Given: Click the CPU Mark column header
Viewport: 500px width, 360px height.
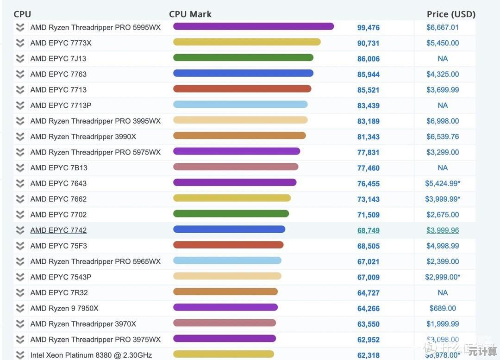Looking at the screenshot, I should click(190, 14).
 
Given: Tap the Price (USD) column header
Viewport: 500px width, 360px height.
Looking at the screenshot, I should click(450, 14).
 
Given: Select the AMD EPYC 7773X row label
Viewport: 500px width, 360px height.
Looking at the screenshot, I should click(61, 43).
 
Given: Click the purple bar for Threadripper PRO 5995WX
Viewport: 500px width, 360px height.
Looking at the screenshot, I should click(253, 26).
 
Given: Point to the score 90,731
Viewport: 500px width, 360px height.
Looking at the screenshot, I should click(368, 43).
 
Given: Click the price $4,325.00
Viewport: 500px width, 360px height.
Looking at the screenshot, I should click(443, 74).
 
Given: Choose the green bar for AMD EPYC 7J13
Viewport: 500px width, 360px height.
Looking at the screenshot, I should click(243, 58).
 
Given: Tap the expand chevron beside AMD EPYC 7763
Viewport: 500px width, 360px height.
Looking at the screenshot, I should click(20, 74).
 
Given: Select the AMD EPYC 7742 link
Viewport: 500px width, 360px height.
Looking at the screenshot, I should click(58, 230).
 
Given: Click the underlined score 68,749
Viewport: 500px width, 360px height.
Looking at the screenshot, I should click(368, 230).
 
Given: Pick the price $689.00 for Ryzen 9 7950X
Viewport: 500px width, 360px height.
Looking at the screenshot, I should click(443, 308).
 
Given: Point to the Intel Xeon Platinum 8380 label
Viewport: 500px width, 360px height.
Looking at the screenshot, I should click(91, 355).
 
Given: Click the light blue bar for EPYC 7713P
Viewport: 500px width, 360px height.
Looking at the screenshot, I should click(240, 105).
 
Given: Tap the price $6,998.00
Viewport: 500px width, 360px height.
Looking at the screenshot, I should click(443, 121).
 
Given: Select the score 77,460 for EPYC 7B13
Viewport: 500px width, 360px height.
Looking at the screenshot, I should click(368, 168).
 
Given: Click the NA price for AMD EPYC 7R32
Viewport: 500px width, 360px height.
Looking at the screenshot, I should click(443, 292).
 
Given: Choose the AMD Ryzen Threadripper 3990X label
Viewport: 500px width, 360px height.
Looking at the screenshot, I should click(83, 137).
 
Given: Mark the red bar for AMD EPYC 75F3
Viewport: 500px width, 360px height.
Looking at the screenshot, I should click(228, 245).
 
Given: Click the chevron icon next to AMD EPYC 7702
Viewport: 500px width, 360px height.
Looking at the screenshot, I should click(20, 215).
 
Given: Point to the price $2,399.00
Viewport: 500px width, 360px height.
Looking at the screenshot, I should click(443, 261).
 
